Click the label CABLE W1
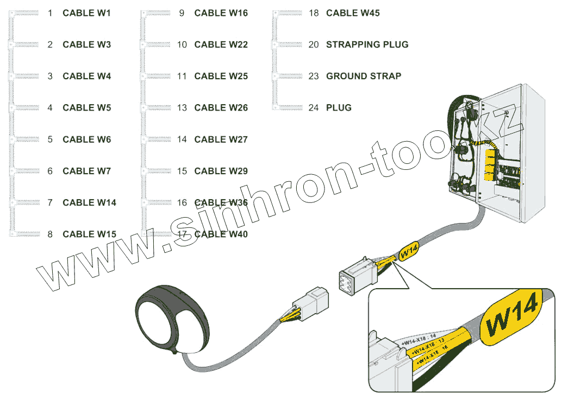click(x=86, y=13)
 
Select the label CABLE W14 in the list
click(x=89, y=202)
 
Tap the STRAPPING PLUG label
click(x=367, y=45)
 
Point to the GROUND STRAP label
click(x=363, y=76)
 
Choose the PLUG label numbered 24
click(x=339, y=107)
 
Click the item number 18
click(x=314, y=13)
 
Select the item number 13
click(x=182, y=107)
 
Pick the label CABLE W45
click(x=353, y=13)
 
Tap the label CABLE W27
click(x=221, y=139)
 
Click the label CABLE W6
click(x=86, y=139)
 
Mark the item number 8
click(x=50, y=234)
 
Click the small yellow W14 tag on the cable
click(x=408, y=251)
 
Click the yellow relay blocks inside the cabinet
click(x=489, y=163)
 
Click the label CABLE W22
click(x=221, y=45)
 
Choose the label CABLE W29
click(x=221, y=171)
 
